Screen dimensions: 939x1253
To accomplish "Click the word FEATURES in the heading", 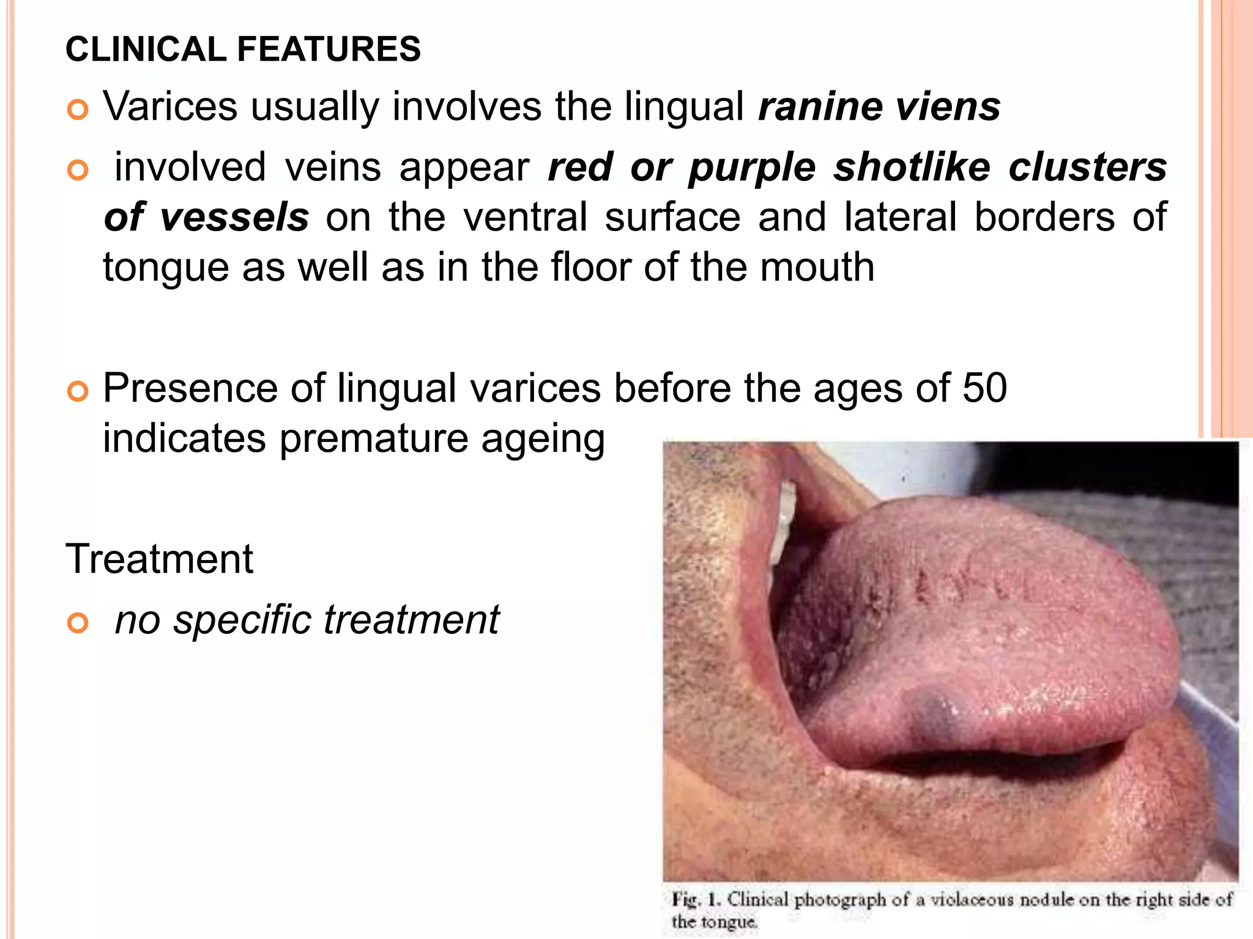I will click(x=329, y=49).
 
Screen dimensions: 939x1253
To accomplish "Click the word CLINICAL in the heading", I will click(x=146, y=49).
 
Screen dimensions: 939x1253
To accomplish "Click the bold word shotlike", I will click(x=912, y=167).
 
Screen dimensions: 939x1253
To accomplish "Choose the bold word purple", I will click(x=752, y=167).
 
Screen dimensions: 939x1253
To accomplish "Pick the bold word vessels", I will click(x=234, y=217).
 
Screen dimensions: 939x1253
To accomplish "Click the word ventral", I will click(x=525, y=217).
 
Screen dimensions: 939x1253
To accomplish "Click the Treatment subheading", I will click(x=159, y=559).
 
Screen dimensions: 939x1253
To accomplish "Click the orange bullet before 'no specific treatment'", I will click(x=78, y=624).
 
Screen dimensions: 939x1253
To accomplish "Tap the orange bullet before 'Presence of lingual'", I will click(x=78, y=391).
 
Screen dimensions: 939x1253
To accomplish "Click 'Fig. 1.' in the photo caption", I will click(x=696, y=900).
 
